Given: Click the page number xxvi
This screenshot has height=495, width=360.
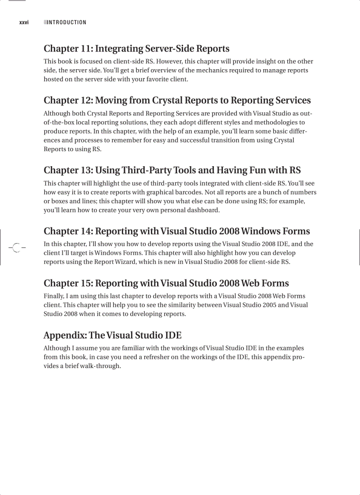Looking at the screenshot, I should click(x=24, y=22).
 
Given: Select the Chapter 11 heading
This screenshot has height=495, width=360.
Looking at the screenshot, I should click(x=136, y=48).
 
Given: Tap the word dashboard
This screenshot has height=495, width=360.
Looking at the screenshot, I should click(x=202, y=210).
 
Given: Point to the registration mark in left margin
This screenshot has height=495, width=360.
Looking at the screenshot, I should click(x=16, y=247).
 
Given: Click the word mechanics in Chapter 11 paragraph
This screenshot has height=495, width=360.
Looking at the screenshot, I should click(x=217, y=71).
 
